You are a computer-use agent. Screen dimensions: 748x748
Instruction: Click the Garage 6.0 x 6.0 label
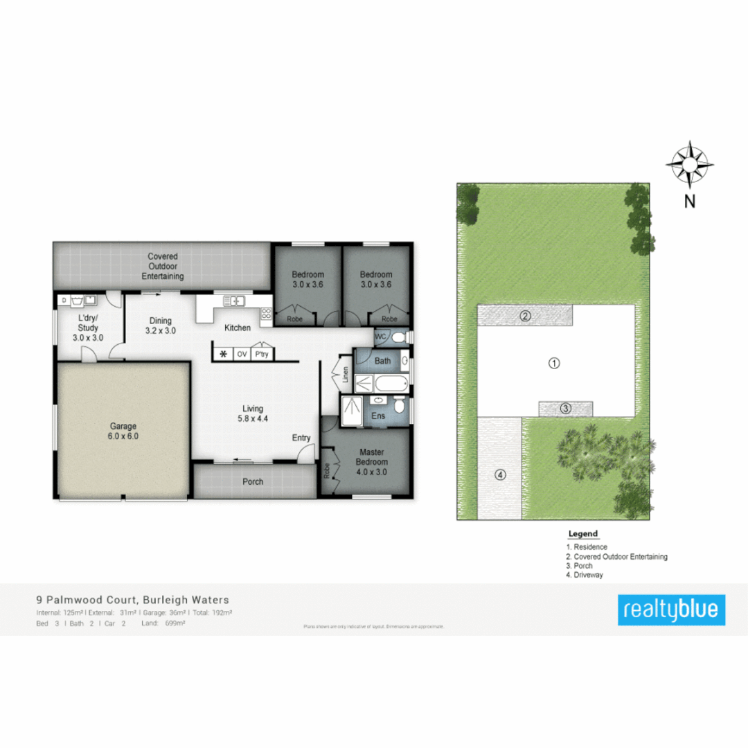point(123,431)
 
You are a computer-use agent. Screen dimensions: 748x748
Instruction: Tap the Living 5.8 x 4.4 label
point(252,413)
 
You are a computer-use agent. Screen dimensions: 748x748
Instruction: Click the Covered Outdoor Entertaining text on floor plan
point(163,267)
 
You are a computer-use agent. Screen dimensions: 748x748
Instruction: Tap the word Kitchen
point(236,328)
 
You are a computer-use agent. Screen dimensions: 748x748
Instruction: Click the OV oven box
point(242,354)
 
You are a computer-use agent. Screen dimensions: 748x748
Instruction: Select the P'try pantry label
point(262,354)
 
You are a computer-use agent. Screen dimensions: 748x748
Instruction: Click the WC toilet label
point(380,337)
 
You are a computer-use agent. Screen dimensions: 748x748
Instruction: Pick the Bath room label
point(383,361)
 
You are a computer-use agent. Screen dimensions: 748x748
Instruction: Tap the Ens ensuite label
point(379,416)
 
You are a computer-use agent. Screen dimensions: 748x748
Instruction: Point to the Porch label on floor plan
point(253,481)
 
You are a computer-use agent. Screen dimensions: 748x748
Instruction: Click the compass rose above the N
point(690,164)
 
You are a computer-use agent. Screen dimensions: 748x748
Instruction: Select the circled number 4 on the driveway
point(500,474)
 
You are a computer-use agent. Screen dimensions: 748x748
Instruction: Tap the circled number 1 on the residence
point(554,362)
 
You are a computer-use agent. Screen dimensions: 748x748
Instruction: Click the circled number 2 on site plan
point(526,317)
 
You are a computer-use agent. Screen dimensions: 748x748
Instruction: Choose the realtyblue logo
point(672,610)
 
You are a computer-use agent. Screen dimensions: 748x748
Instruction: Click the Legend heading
point(582,534)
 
